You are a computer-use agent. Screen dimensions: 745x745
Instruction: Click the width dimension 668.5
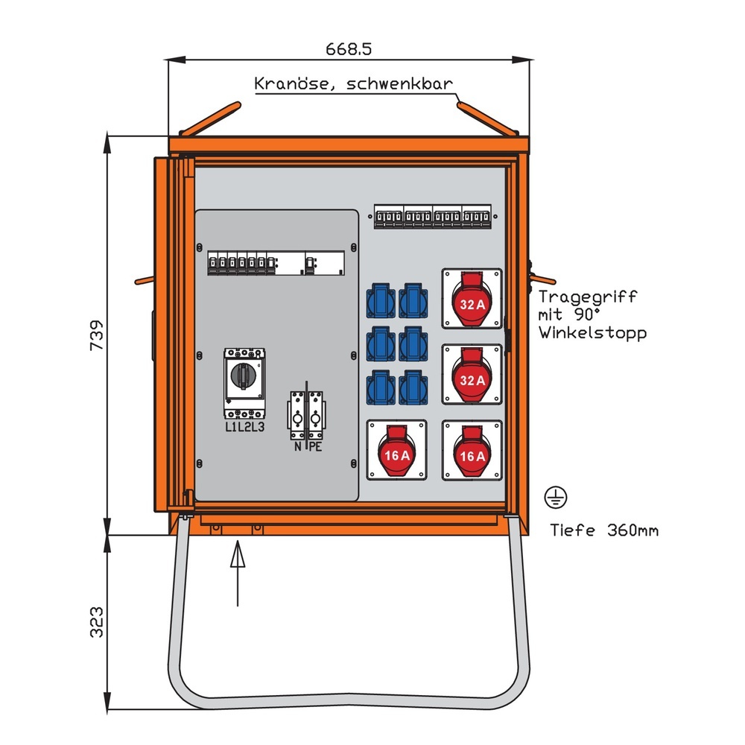349,49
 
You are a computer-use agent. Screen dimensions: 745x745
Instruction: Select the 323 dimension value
95,622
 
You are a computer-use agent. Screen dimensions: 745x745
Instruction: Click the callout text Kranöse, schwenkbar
353,83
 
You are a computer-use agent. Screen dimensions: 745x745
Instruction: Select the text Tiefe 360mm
604,530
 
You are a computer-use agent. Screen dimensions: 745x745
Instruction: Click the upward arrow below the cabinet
238,574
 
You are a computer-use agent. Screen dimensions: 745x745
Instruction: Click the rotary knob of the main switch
244,377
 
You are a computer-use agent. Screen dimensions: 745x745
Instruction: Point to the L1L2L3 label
244,427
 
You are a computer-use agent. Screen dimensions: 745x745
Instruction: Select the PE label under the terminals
316,447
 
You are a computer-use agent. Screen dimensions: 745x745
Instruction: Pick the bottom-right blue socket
413,388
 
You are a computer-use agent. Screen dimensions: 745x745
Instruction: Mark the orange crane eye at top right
488,119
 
